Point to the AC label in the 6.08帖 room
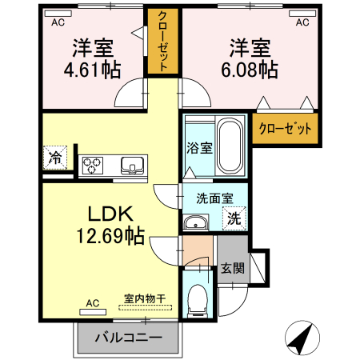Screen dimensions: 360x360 tap(302, 23)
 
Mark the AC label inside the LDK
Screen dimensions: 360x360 tap(91, 303)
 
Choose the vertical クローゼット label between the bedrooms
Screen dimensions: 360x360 tap(162, 42)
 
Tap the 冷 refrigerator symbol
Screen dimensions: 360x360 tap(56, 157)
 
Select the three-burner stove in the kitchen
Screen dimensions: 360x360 tap(92, 165)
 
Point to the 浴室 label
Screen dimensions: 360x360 tap(200, 148)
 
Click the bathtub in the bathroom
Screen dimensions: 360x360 tap(231, 147)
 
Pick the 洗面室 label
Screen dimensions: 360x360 tap(214, 198)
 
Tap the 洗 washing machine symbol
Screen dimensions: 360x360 tap(235, 216)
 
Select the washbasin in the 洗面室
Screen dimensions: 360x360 tap(195, 222)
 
